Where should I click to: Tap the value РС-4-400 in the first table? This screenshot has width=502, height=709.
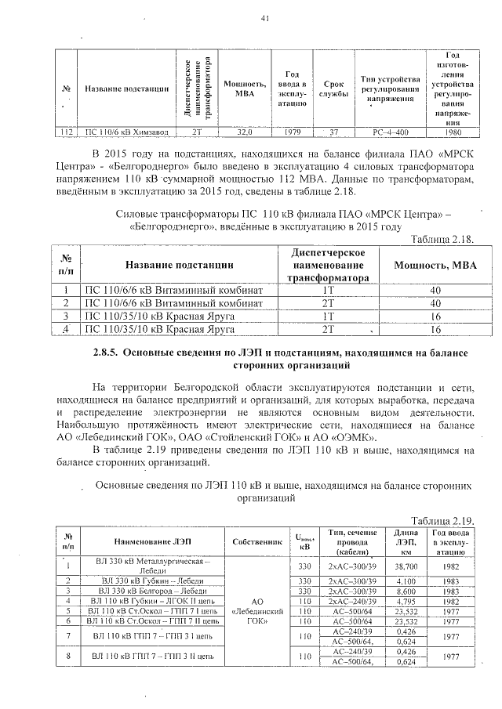(389, 132)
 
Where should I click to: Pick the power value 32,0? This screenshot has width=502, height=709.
(246, 132)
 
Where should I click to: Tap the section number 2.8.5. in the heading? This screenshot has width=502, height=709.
(110, 353)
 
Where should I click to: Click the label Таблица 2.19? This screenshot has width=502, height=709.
(443, 519)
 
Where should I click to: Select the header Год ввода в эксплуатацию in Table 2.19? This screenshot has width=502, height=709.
(452, 541)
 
